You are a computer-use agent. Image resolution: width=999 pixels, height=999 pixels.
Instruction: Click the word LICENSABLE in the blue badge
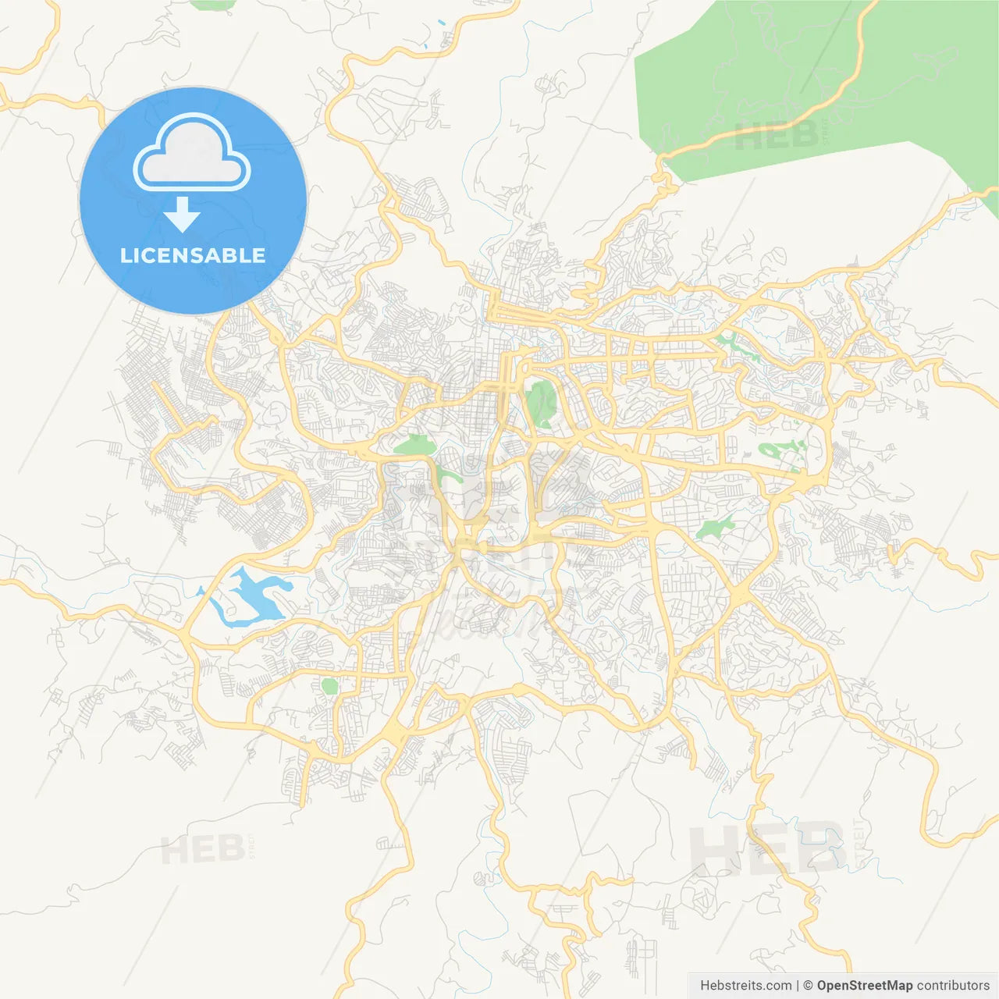(193, 255)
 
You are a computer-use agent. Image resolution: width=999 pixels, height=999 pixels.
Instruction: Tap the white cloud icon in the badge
(192, 154)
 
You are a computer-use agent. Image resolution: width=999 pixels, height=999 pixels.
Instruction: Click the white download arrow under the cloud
(182, 215)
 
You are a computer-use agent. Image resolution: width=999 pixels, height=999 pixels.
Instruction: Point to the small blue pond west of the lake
(201, 591)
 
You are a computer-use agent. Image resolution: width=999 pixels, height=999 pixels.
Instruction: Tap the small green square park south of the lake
(329, 686)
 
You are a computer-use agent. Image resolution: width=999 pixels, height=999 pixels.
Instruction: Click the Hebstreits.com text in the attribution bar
(746, 985)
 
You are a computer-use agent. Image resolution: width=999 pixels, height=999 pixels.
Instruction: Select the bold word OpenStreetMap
(864, 985)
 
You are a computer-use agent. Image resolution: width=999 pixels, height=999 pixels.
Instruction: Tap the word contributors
(953, 985)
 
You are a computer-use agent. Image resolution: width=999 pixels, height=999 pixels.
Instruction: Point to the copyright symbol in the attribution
(809, 985)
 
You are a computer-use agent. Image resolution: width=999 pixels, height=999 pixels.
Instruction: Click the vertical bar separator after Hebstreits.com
(798, 985)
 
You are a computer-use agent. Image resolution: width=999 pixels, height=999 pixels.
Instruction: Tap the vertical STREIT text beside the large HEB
(859, 843)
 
